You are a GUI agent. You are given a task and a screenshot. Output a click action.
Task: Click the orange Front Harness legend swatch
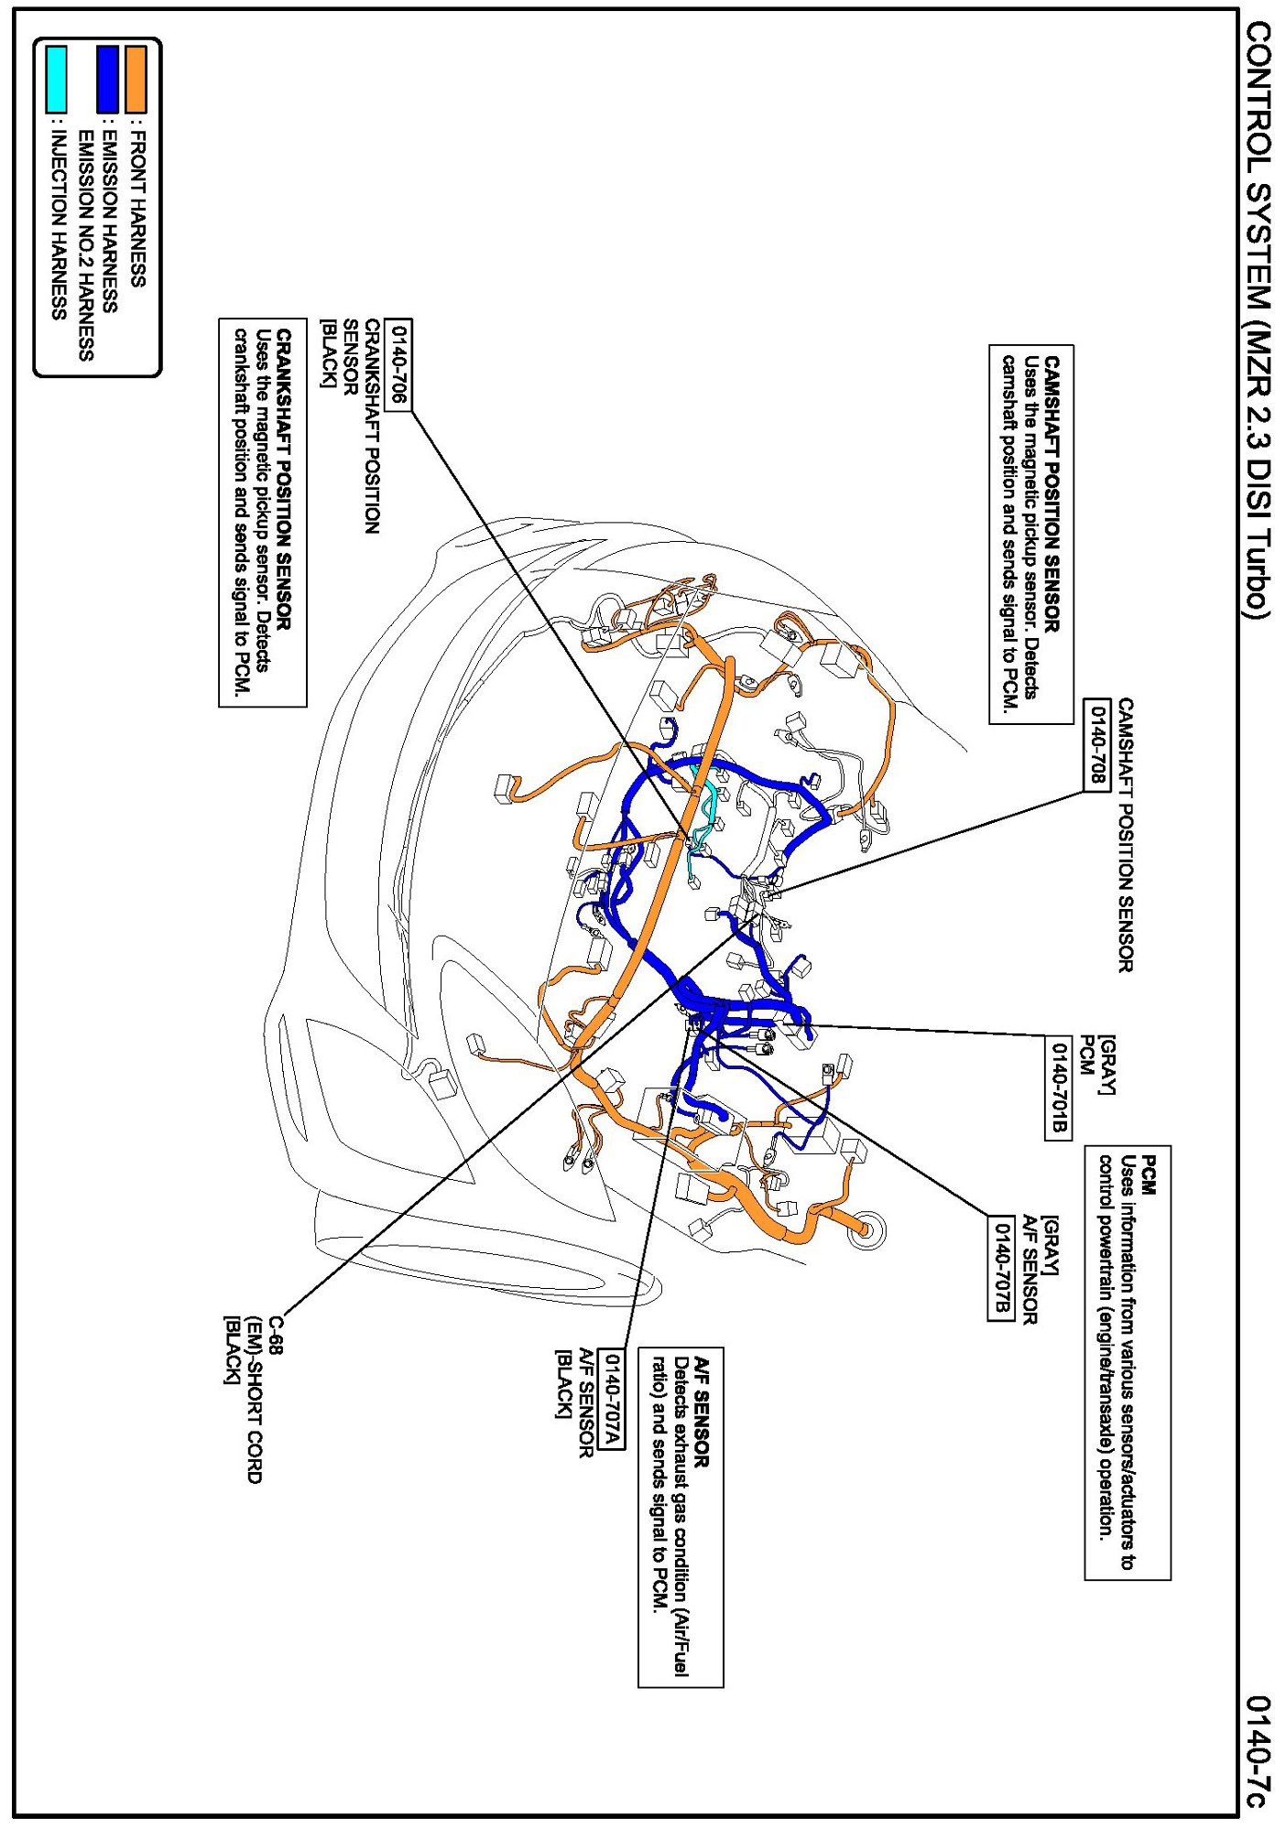pyautogui.click(x=136, y=79)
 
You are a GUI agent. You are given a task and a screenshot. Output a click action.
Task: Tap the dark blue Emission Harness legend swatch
pyautogui.click(x=108, y=79)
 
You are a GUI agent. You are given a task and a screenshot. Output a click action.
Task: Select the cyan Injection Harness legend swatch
pyautogui.click(x=57, y=79)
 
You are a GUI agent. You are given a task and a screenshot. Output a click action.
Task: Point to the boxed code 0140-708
pyautogui.click(x=1096, y=743)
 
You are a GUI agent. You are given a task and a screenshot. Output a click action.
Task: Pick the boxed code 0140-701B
pyautogui.click(x=1058, y=1087)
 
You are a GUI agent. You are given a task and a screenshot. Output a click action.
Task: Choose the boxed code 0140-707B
pyautogui.click(x=1001, y=1269)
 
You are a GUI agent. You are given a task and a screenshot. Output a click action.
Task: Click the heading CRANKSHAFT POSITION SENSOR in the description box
pyautogui.click(x=284, y=479)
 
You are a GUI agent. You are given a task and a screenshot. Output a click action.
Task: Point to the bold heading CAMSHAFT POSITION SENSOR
pyautogui.click(x=1052, y=494)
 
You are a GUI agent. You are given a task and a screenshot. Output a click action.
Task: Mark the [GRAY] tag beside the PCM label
pyautogui.click(x=1106, y=1065)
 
